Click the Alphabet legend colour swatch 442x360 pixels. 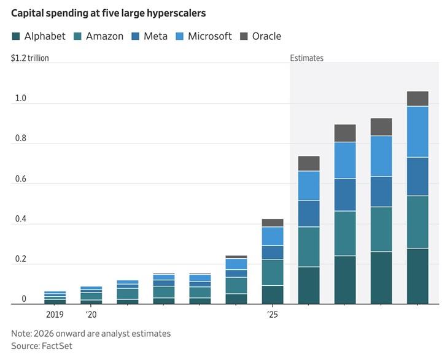click(16, 36)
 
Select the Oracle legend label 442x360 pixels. click(266, 36)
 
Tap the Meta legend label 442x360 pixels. click(155, 36)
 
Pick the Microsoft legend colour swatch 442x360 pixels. click(179, 36)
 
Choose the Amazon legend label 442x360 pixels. click(104, 36)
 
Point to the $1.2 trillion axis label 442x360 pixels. click(30, 58)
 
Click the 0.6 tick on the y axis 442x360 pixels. click(21, 178)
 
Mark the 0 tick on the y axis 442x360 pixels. click(24, 299)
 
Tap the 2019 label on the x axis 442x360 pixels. click(55, 315)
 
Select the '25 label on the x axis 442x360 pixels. click(273, 315)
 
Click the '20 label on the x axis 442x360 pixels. click(91, 315)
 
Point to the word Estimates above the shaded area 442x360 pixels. click(307, 58)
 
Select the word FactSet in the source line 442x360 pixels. click(57, 346)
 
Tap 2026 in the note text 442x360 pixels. click(44, 334)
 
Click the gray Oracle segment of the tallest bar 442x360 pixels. click(417, 99)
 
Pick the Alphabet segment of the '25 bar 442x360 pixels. click(273, 295)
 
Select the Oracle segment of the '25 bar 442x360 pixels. click(273, 223)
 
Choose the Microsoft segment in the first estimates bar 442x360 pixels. click(309, 186)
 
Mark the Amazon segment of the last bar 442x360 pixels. click(417, 222)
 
